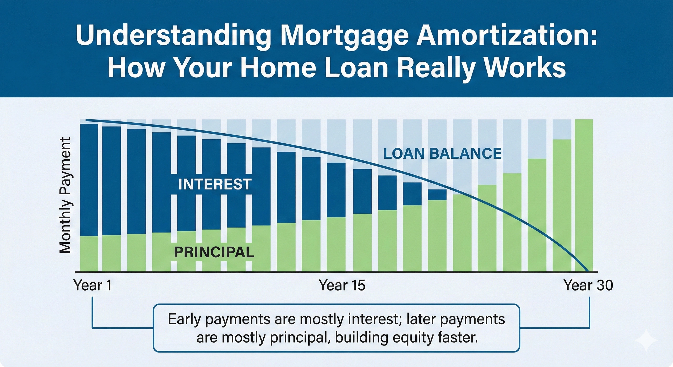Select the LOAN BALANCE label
pos(442,154)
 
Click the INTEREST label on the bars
pos(215,184)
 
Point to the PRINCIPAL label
pos(214,252)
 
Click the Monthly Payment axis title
pos(65,195)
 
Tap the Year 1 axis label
pos(93,285)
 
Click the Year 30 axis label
pos(588,285)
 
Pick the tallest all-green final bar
pos(584,196)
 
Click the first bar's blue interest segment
pos(89,180)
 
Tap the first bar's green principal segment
pos(89,253)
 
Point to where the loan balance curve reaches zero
pos(588,271)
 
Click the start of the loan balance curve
pos(87,120)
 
